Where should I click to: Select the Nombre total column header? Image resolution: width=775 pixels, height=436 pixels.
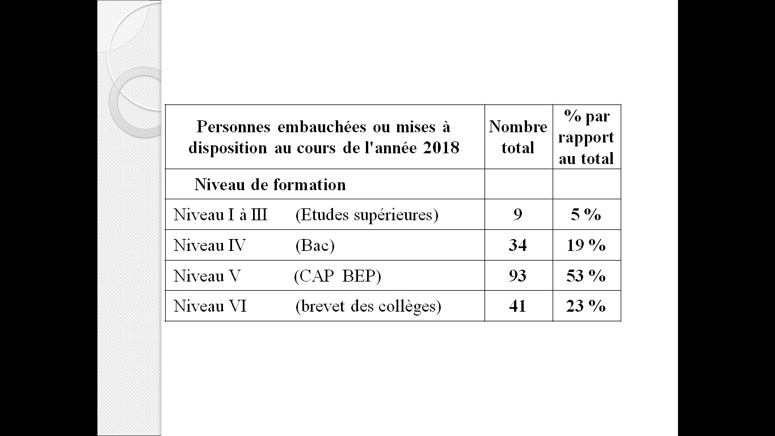(x=518, y=137)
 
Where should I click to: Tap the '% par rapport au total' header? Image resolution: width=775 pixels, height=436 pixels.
(x=586, y=137)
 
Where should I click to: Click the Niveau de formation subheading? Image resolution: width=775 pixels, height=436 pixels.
(x=270, y=185)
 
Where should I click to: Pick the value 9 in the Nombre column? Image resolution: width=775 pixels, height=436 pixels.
(x=517, y=215)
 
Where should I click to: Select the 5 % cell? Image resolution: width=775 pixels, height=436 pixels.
(x=586, y=215)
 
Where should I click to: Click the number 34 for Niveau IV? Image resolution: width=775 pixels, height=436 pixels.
(x=517, y=245)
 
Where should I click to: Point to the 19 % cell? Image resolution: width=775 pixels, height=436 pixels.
(x=586, y=245)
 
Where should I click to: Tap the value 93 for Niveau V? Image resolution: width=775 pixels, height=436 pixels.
(x=517, y=276)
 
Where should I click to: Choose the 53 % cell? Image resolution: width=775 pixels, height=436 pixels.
(x=586, y=276)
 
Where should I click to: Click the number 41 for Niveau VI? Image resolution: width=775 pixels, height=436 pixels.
(x=517, y=306)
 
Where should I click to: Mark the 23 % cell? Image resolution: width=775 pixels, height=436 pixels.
(x=586, y=306)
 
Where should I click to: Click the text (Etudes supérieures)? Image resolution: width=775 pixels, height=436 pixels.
(x=367, y=215)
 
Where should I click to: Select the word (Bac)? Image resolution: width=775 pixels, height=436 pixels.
(x=315, y=245)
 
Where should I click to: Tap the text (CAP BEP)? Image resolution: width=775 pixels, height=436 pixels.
(x=338, y=276)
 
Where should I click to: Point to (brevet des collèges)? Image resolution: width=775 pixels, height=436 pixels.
(x=368, y=307)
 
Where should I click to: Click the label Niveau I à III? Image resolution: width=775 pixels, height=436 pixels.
(x=220, y=215)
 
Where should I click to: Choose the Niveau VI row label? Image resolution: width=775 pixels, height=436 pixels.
(x=210, y=306)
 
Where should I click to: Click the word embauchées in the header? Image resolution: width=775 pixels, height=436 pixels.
(x=322, y=127)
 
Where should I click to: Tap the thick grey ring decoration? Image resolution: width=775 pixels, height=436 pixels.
(x=113, y=103)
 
